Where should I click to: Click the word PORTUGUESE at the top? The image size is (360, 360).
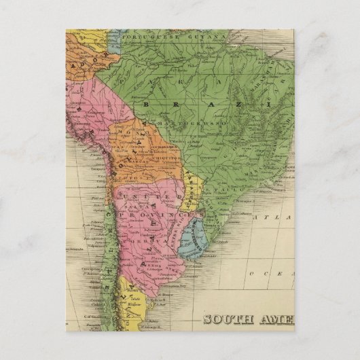151,35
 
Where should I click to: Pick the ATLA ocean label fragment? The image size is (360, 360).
280,217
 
